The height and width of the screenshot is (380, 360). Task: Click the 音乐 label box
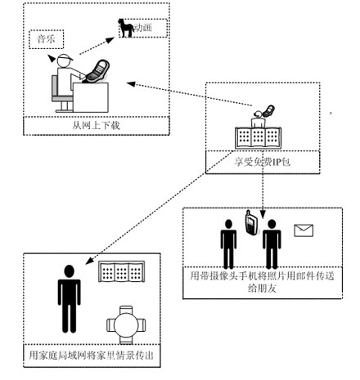[47, 39]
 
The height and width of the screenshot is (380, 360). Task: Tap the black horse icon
[126, 28]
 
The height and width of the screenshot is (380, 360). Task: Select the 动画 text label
[143, 28]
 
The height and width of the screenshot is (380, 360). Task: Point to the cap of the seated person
[65, 57]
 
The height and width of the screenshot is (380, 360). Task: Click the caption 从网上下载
[97, 126]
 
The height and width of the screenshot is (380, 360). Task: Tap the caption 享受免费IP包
[262, 162]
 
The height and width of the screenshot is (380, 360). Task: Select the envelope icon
[304, 230]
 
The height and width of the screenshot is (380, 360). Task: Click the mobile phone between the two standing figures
[250, 222]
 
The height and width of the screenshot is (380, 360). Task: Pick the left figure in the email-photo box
[228, 244]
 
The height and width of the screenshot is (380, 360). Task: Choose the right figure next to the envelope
[272, 244]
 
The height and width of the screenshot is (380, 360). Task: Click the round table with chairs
[126, 324]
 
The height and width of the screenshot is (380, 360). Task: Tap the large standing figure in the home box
[69, 299]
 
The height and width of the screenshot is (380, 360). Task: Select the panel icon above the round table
[121, 271]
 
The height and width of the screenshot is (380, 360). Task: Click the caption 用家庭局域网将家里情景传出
[92, 355]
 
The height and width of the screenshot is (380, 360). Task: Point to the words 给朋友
[262, 288]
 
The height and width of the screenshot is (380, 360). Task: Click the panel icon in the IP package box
[258, 138]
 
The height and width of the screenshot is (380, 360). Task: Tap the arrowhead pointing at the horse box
[110, 40]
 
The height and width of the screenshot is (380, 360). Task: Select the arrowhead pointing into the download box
[131, 84]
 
